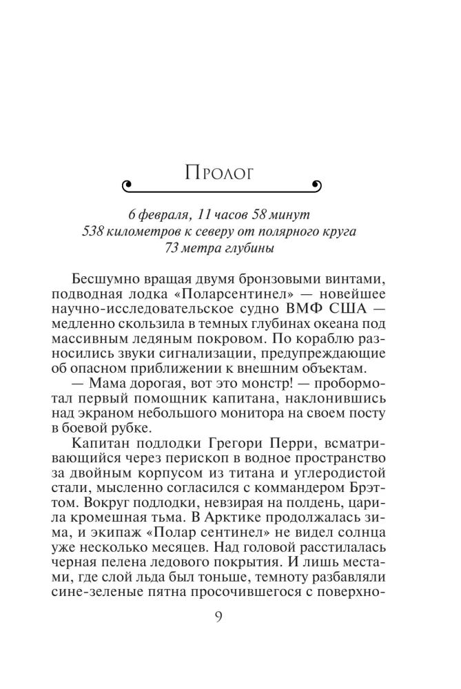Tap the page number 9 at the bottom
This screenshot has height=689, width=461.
218,617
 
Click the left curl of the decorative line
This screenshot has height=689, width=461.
126,184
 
